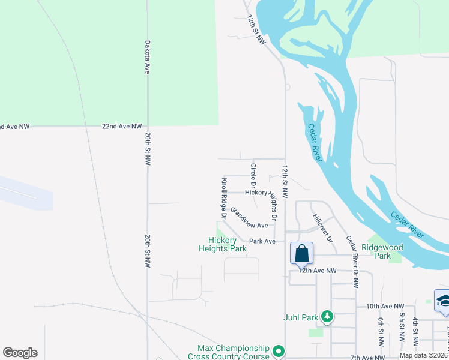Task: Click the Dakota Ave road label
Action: tap(147, 57)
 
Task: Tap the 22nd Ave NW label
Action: tap(122, 127)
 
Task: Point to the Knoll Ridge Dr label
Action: tap(223, 197)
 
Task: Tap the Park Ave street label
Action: tap(262, 241)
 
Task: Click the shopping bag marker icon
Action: tap(301, 253)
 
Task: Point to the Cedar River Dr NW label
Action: tap(352, 262)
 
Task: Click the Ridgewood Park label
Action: tap(382, 251)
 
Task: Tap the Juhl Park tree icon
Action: tap(327, 315)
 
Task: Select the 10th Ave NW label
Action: tap(385, 306)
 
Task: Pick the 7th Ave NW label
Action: tap(368, 358)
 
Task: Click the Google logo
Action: tap(20, 353)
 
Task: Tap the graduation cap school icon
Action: tap(442, 300)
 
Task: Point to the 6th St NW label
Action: tap(381, 332)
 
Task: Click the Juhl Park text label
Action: tap(301, 316)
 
